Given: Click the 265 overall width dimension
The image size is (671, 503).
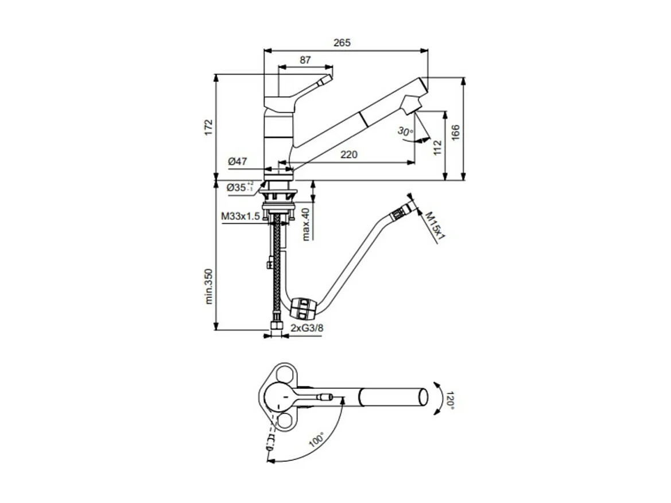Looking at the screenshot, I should click(342, 42).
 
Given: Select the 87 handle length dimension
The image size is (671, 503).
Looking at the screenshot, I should click(305, 59).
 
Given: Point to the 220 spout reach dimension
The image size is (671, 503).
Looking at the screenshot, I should click(348, 154).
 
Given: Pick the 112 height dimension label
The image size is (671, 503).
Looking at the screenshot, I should click(437, 147).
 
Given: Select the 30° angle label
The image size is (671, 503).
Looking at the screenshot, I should click(404, 131).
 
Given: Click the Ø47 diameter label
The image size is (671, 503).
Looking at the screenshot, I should click(237, 162).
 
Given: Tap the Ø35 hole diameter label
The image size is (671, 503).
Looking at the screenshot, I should click(240, 187).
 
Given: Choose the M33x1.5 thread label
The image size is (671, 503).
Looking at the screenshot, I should click(241, 216).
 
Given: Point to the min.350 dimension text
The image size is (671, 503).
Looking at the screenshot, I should click(209, 285).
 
